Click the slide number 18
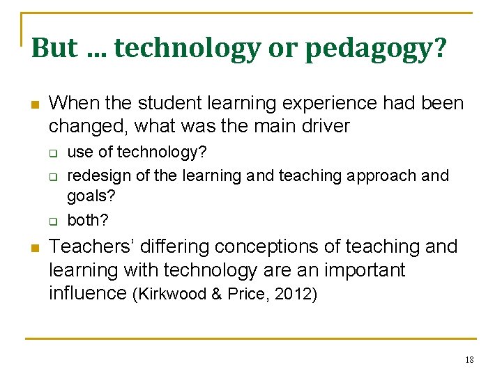coord(469,359)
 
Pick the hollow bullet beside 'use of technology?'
coord(52,152)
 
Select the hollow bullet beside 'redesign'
coord(52,175)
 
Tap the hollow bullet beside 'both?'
coord(52,221)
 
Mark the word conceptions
coord(261,246)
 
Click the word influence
coord(87,292)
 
